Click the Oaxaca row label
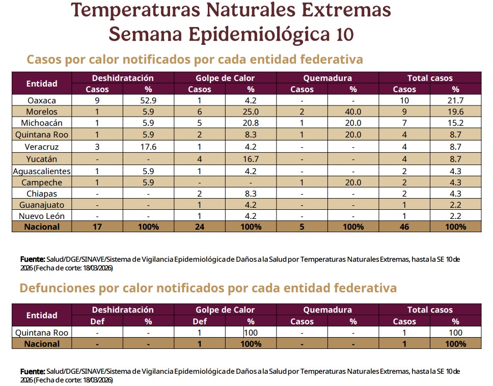[42, 100]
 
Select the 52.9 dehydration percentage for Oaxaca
[148, 100]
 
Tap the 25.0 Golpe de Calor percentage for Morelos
[251, 112]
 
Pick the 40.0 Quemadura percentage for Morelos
[353, 112]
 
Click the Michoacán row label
[42, 123]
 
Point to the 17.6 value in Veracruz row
[148, 147]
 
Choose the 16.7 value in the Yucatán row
[251, 159]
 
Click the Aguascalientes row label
[42, 171]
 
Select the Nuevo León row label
[42, 216]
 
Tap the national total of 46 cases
[404, 227]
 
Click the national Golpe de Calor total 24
[200, 227]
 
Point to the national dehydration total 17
[97, 227]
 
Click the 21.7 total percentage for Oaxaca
[455, 100]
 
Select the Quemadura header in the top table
[327, 78]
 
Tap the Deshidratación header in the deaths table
[123, 310]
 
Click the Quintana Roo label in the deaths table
[42, 333]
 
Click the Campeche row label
[42, 182]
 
